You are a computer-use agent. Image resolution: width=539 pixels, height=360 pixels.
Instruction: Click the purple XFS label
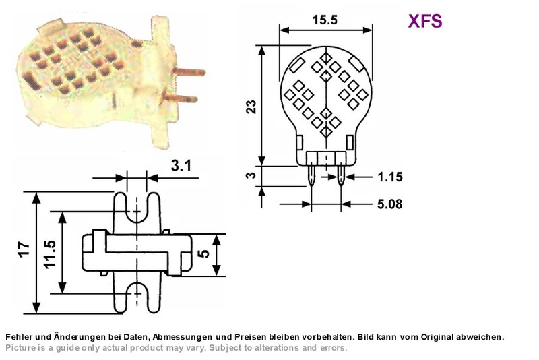(x=425, y=21)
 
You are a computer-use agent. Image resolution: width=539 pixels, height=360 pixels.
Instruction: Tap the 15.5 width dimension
(x=325, y=20)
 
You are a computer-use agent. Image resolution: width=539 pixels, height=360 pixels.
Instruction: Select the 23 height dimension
(x=251, y=107)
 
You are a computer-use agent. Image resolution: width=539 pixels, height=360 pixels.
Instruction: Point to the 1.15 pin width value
(x=390, y=177)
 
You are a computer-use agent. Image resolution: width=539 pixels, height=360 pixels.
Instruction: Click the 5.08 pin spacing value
(x=390, y=204)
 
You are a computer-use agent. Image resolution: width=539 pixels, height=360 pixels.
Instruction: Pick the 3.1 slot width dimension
(x=181, y=166)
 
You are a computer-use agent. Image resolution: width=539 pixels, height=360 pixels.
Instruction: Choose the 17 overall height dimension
(x=24, y=249)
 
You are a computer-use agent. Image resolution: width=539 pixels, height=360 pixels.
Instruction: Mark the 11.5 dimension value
(x=49, y=253)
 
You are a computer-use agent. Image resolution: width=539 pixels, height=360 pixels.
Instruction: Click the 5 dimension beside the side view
(x=203, y=253)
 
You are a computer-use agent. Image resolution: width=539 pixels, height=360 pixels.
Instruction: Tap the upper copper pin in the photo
(x=189, y=72)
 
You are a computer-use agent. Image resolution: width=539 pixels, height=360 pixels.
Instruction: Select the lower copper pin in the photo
(x=179, y=98)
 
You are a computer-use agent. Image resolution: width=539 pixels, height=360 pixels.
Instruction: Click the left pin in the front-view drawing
(x=311, y=175)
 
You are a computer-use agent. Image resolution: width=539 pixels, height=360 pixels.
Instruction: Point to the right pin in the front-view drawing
(x=341, y=175)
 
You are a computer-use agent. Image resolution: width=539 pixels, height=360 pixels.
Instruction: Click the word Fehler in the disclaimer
(x=18, y=337)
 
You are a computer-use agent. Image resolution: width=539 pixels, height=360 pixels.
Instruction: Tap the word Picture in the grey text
(x=20, y=348)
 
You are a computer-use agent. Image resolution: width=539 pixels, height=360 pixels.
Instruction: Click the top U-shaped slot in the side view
(x=137, y=207)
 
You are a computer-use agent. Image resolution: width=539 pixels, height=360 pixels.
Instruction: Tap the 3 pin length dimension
(x=251, y=175)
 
